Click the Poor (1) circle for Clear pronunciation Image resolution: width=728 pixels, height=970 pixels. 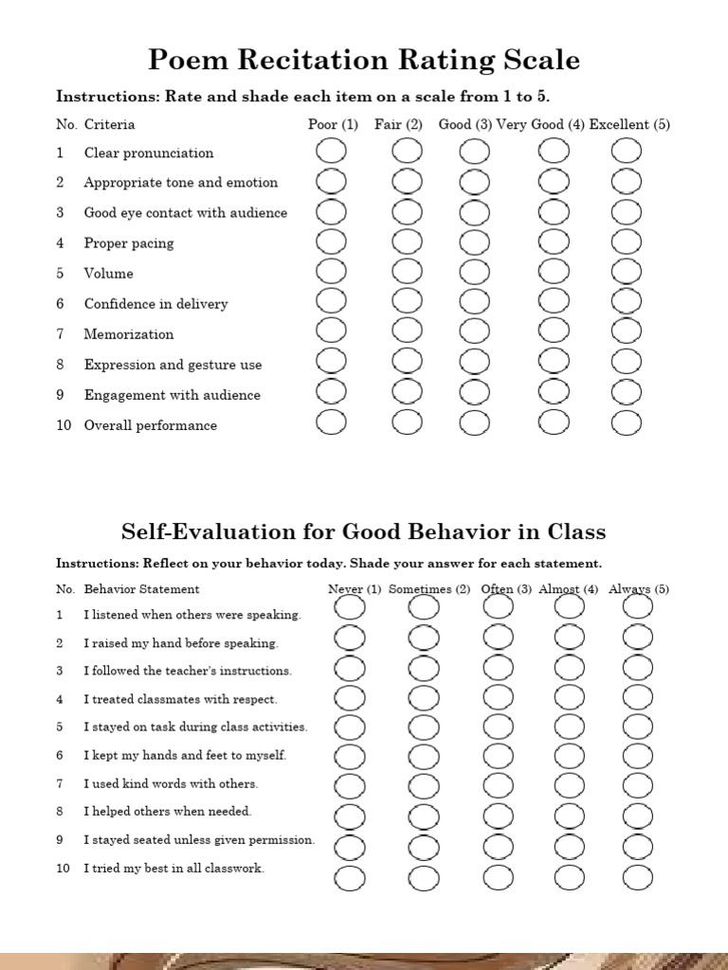(x=331, y=152)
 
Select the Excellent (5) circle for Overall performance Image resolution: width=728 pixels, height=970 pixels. (x=627, y=422)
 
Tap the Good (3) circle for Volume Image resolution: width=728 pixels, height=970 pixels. (x=474, y=273)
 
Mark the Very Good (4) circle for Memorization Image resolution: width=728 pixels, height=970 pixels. (x=554, y=332)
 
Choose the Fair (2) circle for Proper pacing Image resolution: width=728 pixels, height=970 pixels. (x=408, y=242)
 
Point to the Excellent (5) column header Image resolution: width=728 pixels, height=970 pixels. (x=629, y=124)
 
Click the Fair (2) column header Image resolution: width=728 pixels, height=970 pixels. (x=398, y=124)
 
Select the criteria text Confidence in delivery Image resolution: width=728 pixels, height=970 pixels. (x=155, y=304)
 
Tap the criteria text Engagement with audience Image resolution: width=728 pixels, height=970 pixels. (x=172, y=395)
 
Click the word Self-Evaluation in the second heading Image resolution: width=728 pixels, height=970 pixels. (x=209, y=531)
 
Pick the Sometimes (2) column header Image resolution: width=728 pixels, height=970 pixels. (x=429, y=589)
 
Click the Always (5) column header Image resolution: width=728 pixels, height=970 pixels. (x=639, y=589)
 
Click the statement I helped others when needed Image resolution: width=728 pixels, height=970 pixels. (x=168, y=812)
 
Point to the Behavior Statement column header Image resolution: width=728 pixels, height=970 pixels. (x=141, y=589)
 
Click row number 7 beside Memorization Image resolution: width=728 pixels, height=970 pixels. (x=60, y=334)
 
